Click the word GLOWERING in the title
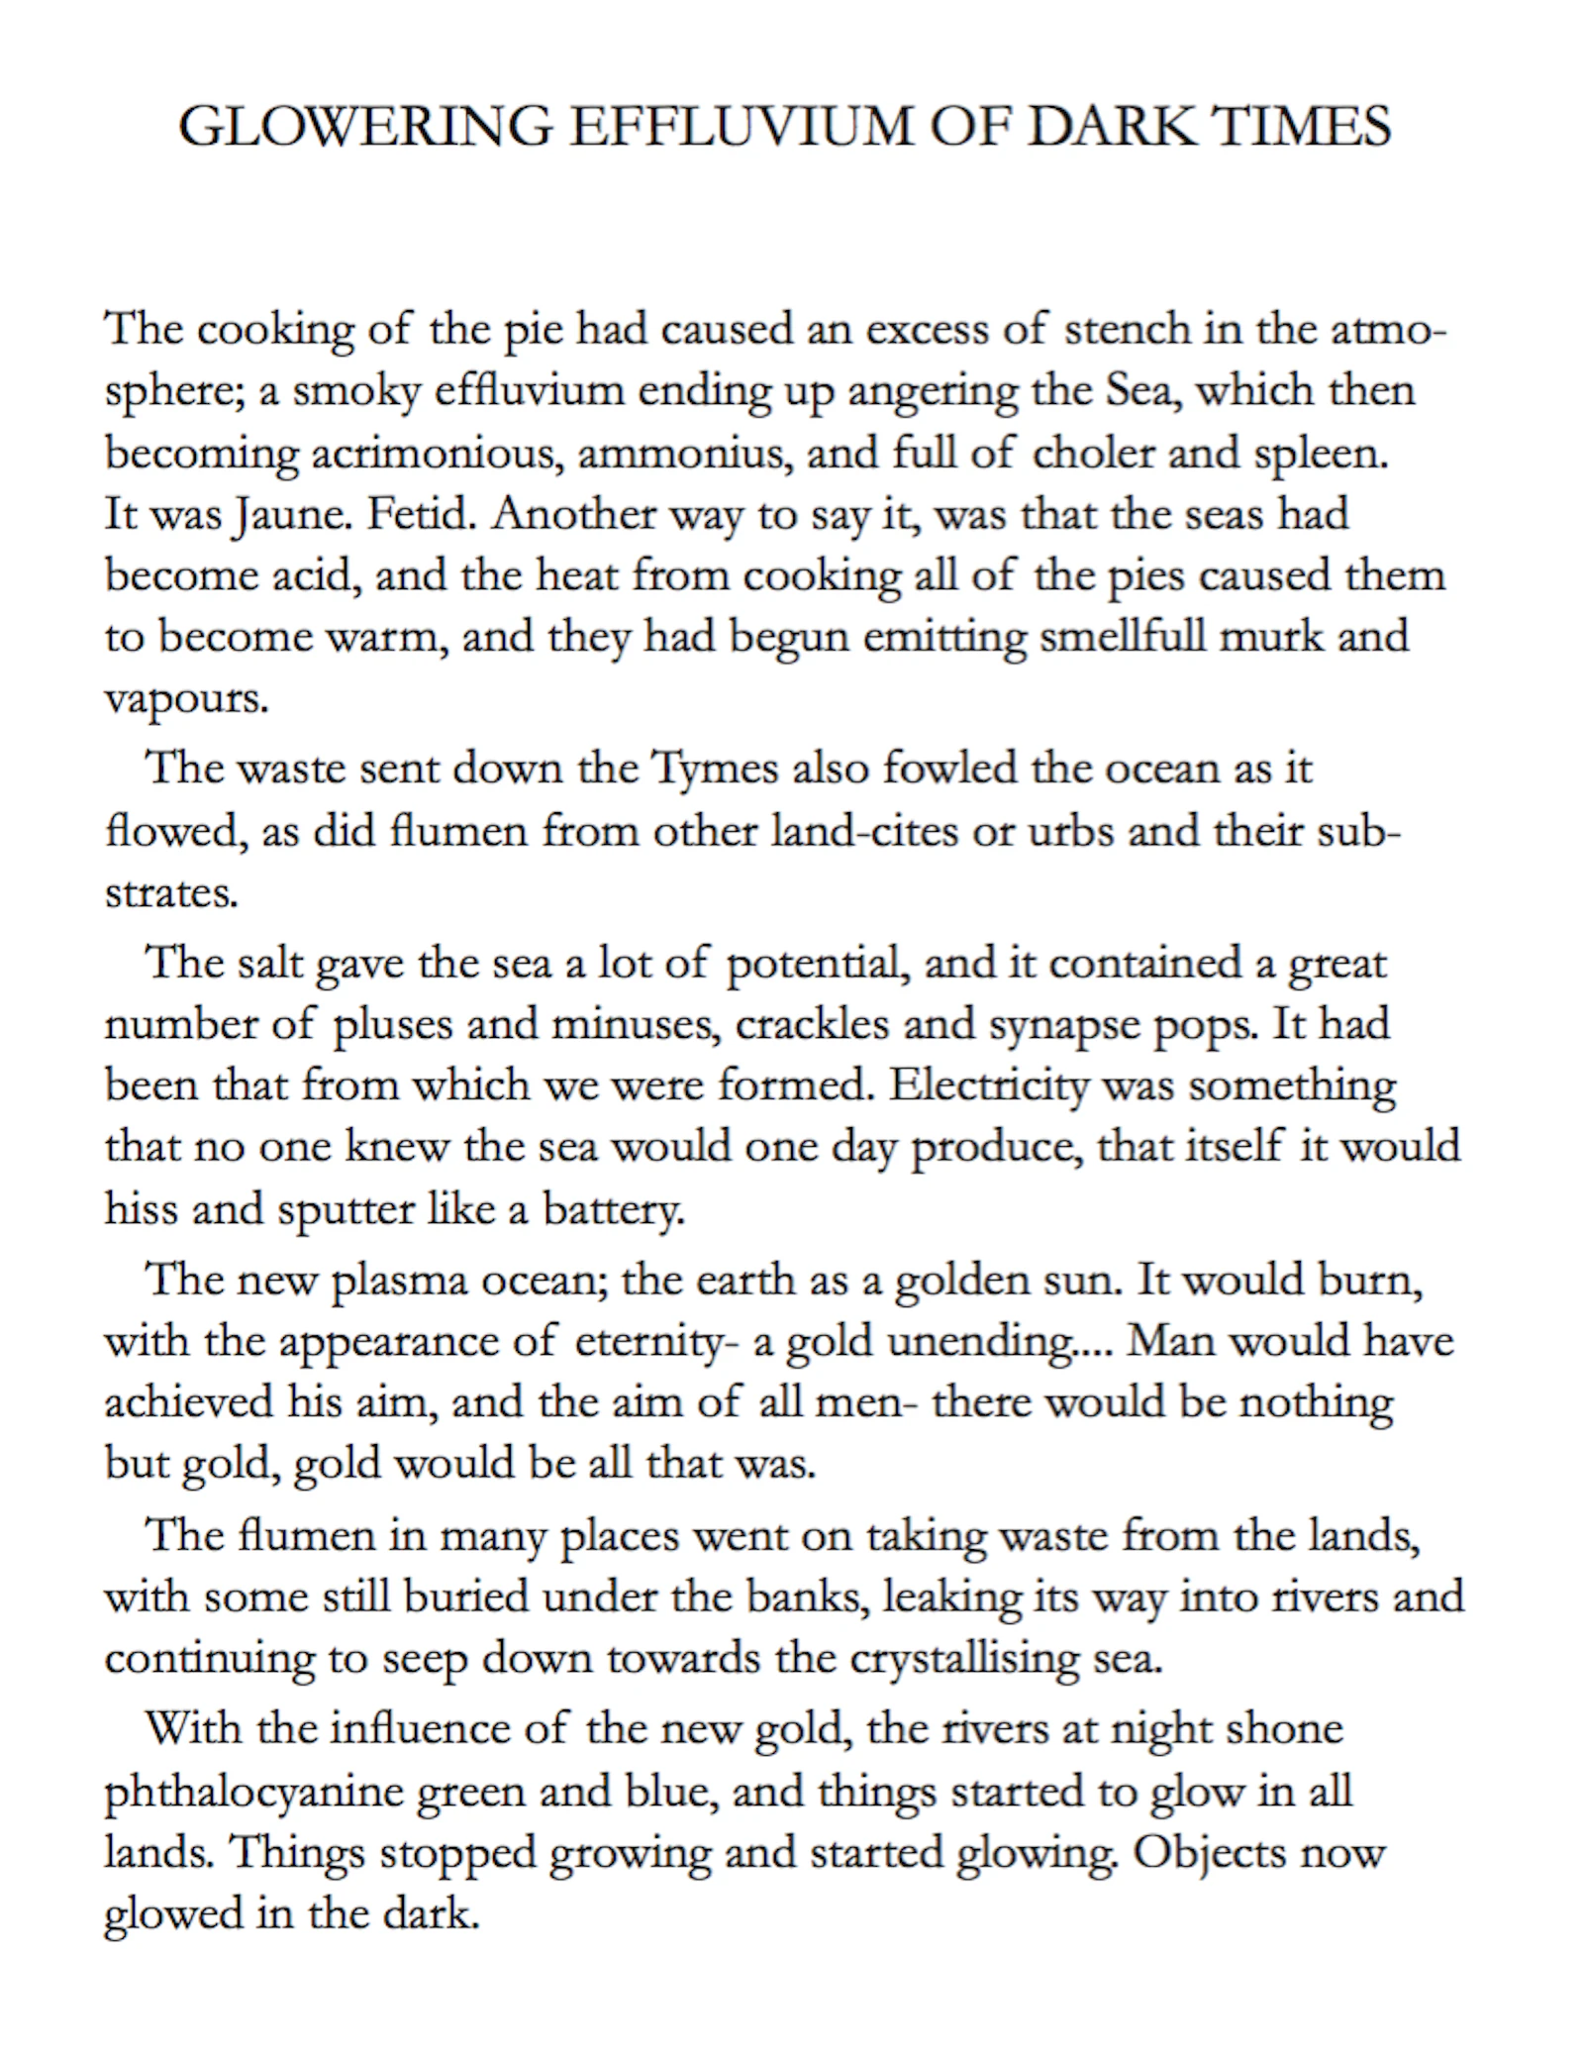coord(364,127)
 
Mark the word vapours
coord(186,699)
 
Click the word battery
coord(613,1209)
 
